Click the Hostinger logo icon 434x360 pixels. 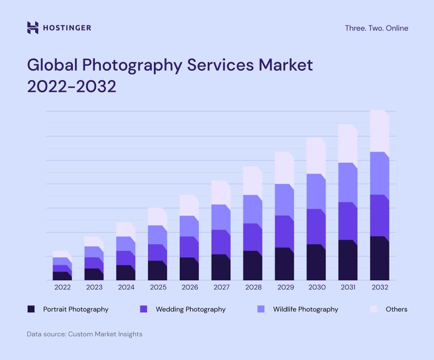click(33, 28)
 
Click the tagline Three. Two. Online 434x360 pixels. click(376, 28)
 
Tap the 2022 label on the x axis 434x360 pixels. click(62, 287)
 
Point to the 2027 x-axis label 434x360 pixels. click(221, 287)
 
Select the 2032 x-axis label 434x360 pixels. click(380, 287)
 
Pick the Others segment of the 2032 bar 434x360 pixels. click(379, 131)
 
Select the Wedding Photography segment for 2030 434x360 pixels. click(316, 227)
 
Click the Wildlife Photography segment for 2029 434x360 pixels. click(284, 200)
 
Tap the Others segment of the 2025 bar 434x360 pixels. click(157, 217)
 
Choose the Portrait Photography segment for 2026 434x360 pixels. click(189, 269)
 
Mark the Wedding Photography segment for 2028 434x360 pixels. click(253, 237)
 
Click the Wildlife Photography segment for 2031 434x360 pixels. click(348, 183)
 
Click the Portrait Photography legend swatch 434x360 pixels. click(31, 309)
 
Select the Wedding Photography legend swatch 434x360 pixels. click(143, 309)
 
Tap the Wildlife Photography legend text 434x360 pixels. click(305, 309)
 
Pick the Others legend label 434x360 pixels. click(396, 309)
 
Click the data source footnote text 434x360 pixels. click(85, 334)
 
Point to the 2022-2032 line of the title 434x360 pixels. click(72, 86)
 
